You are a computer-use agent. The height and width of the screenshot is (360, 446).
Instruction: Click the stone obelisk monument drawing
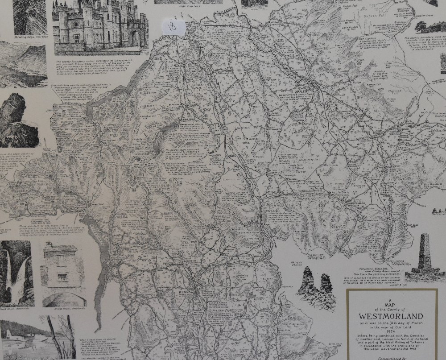[423, 257]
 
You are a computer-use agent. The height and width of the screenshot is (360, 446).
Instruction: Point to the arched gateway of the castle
[134, 38]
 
